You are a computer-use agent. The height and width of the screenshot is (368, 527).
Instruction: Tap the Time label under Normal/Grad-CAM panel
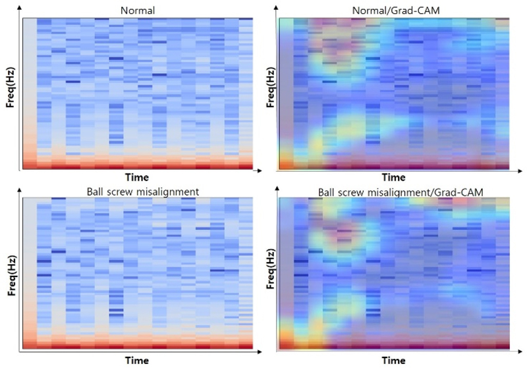pyautogui.click(x=394, y=178)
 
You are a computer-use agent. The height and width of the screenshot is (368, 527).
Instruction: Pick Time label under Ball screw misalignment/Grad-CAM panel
pyautogui.click(x=394, y=360)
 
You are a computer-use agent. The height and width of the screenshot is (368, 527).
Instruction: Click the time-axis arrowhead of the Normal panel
pyautogui.click(x=258, y=170)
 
